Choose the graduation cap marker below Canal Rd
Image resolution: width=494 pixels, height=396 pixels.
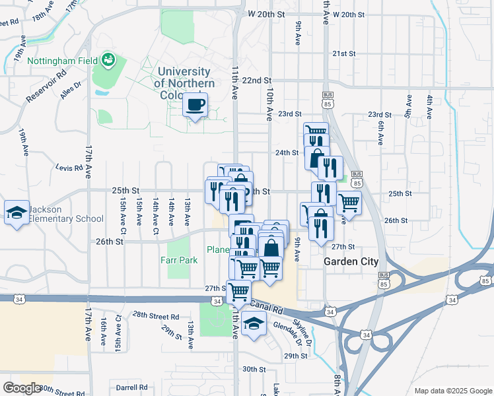pyautogui.click(x=252, y=323)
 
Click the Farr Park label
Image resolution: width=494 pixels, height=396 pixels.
pyautogui.click(x=179, y=260)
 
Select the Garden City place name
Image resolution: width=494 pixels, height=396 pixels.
pyautogui.click(x=351, y=261)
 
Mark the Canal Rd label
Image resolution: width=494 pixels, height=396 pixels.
pyautogui.click(x=267, y=308)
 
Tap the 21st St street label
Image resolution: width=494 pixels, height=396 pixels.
pyautogui.click(x=344, y=53)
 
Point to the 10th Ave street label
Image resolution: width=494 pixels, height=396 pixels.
pyautogui.click(x=269, y=107)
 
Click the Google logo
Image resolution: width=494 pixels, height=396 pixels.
pyautogui.click(x=22, y=387)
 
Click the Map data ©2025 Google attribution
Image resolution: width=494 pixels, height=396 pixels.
pyautogui.click(x=452, y=391)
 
